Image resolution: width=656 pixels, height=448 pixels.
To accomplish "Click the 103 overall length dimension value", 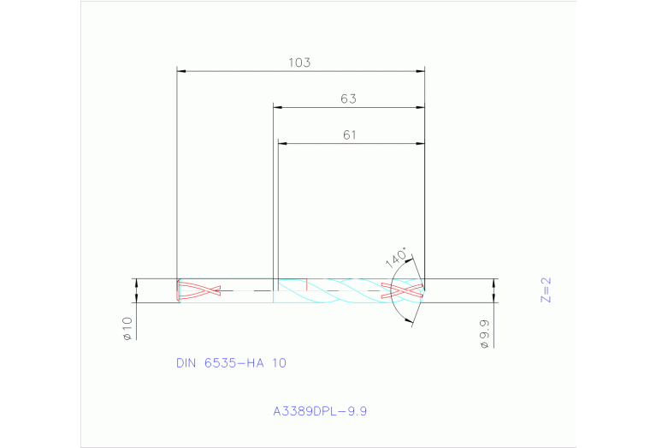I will (x=298, y=63).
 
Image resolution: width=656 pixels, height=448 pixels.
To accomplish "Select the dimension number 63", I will (x=348, y=99).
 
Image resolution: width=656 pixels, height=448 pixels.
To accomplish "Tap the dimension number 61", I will (x=349, y=134).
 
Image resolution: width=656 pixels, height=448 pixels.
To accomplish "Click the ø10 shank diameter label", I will (x=127, y=328).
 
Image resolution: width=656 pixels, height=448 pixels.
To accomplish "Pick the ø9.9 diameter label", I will (x=484, y=332).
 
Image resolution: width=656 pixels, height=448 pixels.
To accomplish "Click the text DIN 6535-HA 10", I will (x=231, y=363).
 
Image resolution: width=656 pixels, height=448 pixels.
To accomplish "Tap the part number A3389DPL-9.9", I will (x=320, y=412).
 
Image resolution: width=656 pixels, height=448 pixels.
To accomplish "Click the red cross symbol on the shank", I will (x=199, y=291).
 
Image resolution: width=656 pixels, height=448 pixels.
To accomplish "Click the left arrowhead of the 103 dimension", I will (x=180, y=70).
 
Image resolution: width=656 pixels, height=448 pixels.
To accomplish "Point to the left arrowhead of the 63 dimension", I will (x=277, y=107).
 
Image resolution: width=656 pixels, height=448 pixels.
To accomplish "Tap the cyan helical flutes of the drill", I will (x=342, y=291).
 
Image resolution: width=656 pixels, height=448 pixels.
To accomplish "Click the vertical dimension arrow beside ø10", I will (x=136, y=290).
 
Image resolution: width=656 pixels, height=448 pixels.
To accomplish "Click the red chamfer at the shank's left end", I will (x=177, y=291).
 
